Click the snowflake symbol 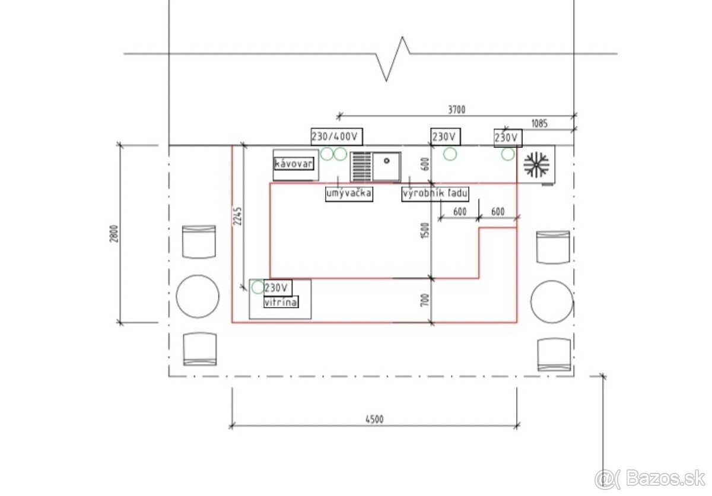click(x=536, y=164)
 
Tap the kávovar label click(x=294, y=164)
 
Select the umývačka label click(x=349, y=193)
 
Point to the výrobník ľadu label click(x=435, y=193)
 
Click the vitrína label click(x=281, y=302)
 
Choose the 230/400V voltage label click(x=336, y=136)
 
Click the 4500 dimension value click(x=374, y=419)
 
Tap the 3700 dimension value click(x=456, y=110)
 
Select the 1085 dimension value click(x=539, y=123)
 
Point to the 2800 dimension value click(x=114, y=234)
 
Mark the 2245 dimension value click(x=237, y=216)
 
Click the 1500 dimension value click(x=425, y=230)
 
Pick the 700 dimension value click(x=425, y=300)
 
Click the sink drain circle click(x=386, y=161)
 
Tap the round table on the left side click(x=198, y=296)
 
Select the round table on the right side click(x=552, y=301)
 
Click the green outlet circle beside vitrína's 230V click(x=258, y=287)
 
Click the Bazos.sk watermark click(x=649, y=479)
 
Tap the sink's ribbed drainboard click(x=362, y=167)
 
